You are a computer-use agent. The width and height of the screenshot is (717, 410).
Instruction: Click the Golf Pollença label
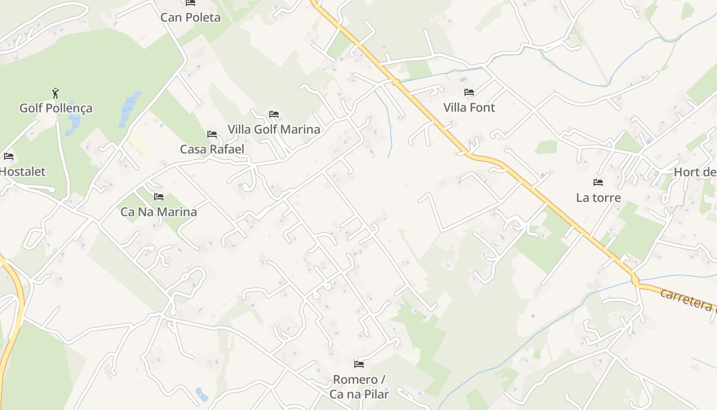tap(56, 108)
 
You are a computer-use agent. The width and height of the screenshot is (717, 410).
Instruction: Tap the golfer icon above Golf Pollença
tap(56, 93)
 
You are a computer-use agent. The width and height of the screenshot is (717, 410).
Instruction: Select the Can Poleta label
tap(191, 17)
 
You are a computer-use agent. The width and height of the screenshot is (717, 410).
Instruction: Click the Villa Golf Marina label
tap(274, 129)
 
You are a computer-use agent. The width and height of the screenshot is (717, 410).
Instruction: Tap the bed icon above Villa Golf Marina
tap(274, 114)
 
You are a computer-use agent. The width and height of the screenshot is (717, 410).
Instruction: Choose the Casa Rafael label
tap(212, 149)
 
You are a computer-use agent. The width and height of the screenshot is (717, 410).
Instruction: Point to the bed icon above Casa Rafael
tap(212, 134)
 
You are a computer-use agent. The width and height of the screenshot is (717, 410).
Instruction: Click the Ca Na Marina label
tap(159, 212)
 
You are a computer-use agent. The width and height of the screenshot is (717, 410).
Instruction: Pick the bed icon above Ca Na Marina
tap(159, 197)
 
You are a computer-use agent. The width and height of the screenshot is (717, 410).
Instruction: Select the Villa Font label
tap(469, 108)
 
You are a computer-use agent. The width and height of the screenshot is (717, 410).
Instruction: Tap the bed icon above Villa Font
tap(469, 93)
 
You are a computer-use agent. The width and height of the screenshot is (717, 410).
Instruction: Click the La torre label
tap(598, 198)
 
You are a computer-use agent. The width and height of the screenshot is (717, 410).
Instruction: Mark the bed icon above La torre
tap(598, 182)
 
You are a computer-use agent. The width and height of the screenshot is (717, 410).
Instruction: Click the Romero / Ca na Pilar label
tap(359, 386)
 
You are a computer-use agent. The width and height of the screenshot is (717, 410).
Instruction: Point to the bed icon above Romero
tap(359, 364)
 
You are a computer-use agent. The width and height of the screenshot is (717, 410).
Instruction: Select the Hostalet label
tap(23, 172)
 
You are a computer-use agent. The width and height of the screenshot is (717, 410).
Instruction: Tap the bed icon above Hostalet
tap(9, 156)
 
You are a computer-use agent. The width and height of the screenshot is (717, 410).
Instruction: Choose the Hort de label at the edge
tap(695, 172)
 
